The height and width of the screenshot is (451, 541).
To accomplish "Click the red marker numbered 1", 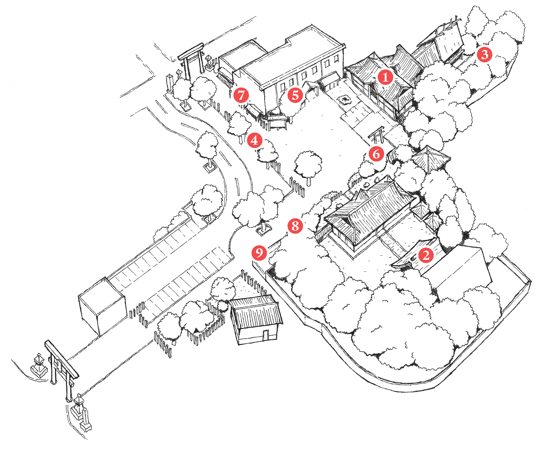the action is point(385,77).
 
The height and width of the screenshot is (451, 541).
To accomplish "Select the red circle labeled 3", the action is point(484,55).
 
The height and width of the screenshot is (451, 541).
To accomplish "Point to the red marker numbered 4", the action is point(254,141).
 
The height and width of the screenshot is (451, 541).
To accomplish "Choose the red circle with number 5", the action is point(295,95).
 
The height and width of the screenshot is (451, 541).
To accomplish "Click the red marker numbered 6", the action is point(376,154).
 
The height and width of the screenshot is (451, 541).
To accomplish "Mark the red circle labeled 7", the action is point(241,95).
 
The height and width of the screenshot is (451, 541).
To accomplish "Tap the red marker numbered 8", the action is point(295,226).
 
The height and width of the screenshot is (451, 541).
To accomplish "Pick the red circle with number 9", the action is point(259,253).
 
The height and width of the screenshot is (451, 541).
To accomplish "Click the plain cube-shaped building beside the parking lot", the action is point(103,307).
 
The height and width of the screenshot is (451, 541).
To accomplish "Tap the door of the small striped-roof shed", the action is point(266,335).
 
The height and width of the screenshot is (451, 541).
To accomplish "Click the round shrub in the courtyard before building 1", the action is point(345,100).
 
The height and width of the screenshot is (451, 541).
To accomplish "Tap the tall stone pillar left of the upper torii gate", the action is point(170,83).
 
